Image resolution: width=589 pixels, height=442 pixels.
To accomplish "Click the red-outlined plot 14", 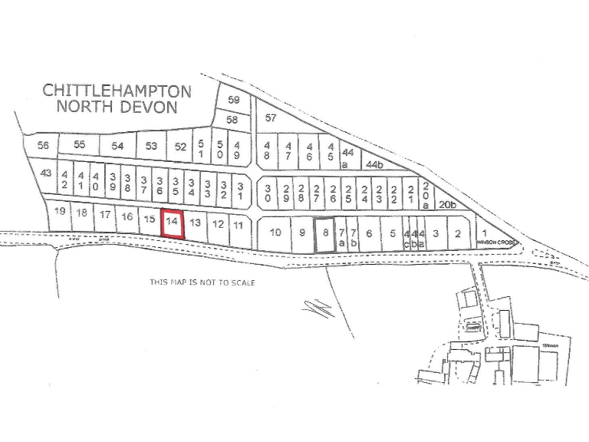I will tap(173, 223).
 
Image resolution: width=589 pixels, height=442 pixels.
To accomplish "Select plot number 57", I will tap(271, 118).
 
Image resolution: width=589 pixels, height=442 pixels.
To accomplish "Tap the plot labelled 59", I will tap(234, 100).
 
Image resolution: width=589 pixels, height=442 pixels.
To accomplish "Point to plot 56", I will tap(43, 145).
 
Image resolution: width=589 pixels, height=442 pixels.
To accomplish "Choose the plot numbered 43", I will tap(46, 173).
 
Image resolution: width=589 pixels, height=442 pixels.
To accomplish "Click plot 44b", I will tap(373, 163).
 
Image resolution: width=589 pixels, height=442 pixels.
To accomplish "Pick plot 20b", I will tap(447, 205).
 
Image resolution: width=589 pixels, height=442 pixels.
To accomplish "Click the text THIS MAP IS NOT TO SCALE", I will tap(202, 282).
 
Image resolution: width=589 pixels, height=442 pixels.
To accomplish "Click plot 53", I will tap(152, 146).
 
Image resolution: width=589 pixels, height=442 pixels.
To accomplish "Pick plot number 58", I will tap(232, 120).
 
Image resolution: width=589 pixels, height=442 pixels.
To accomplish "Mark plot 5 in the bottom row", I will tap(393, 233).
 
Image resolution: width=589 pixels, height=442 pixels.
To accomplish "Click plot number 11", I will tap(239, 225).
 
